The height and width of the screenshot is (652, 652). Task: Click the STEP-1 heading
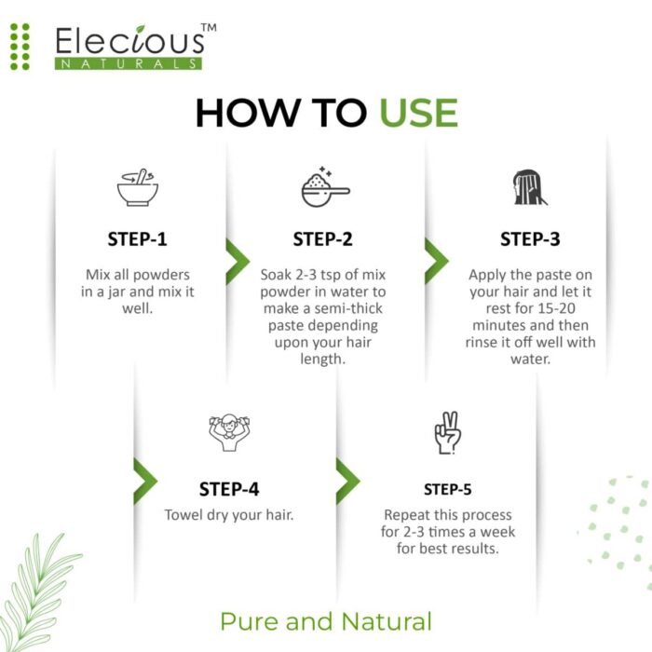point(137,238)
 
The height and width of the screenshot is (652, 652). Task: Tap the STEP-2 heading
point(323,238)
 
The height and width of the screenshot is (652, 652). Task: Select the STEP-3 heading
point(530,238)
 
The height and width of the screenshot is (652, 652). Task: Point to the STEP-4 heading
point(229,489)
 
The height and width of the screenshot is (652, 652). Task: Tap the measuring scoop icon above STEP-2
point(324,187)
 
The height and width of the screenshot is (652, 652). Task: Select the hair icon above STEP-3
point(529,186)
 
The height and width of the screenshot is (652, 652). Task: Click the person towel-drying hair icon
point(229,431)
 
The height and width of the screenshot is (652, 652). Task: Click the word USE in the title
point(418,113)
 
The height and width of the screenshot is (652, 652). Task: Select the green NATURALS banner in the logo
point(128,63)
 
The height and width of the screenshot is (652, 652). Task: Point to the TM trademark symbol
point(209,29)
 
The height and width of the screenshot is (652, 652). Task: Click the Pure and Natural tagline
point(326,621)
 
